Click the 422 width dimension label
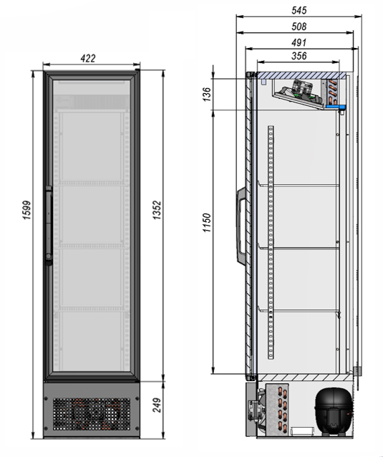click(x=88, y=58)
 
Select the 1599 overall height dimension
click(x=26, y=210)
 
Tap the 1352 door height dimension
click(x=157, y=210)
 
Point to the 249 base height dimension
click(x=157, y=405)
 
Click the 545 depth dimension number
click(x=299, y=11)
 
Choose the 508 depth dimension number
click(x=299, y=27)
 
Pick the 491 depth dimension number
click(x=299, y=42)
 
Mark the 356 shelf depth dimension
click(x=299, y=56)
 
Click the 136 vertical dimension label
click(x=206, y=94)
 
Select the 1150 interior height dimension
click(x=206, y=223)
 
